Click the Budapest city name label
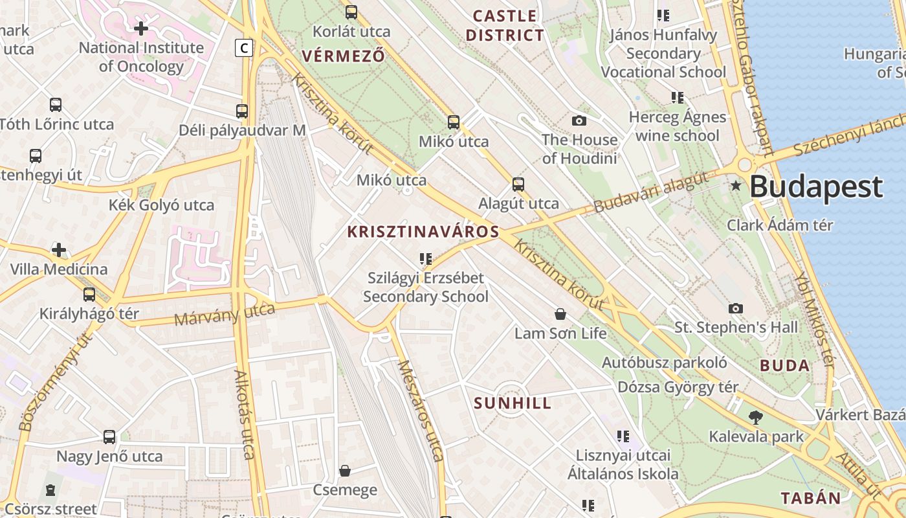[816, 186]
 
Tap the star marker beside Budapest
[736, 186]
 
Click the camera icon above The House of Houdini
[579, 120]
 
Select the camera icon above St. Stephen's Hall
[736, 308]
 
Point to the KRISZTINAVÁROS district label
[423, 232]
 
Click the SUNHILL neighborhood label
[513, 403]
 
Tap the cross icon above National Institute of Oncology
[141, 28]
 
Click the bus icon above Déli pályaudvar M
[242, 111]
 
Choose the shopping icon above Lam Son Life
[560, 314]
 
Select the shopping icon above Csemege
[345, 470]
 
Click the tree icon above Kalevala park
[755, 417]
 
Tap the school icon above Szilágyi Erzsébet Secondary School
[425, 259]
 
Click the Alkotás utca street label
[244, 414]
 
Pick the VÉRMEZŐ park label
[343, 56]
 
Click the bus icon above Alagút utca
[518, 184]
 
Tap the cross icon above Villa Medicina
[59, 250]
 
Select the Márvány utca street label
[225, 314]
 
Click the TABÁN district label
[810, 498]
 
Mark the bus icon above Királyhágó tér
[89, 295]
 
